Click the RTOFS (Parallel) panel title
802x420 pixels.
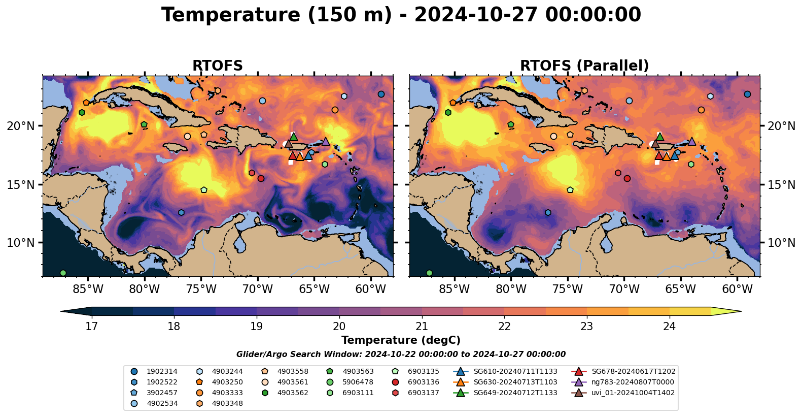point(584,66)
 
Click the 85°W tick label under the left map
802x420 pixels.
point(88,289)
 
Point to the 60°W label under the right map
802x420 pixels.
point(737,289)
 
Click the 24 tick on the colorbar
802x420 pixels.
point(670,326)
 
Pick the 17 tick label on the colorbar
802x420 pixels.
point(92,326)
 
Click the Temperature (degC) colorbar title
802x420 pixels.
point(401,340)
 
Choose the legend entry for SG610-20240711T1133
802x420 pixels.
point(505,372)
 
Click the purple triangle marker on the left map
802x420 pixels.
point(326,141)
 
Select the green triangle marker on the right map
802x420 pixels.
point(660,137)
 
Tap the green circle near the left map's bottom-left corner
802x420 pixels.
point(63,273)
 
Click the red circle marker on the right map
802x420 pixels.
point(627,178)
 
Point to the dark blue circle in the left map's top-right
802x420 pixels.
point(381,94)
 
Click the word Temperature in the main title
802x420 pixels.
point(231,15)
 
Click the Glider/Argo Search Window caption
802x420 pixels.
point(401,354)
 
